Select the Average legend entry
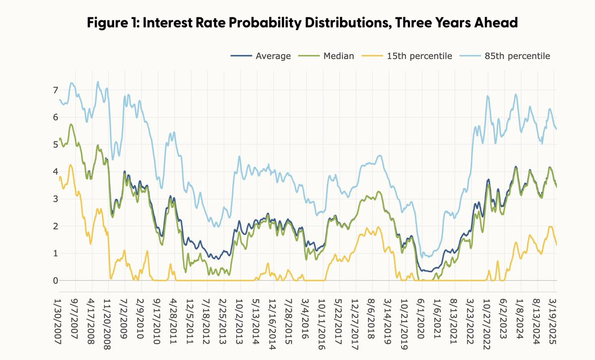pos(273,56)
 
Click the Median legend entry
pos(338,56)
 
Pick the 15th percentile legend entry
pos(419,56)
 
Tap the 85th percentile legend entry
pos(518,56)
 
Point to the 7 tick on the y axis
pos(56,90)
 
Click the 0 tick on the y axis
pos(56,281)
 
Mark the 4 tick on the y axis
pos(56,172)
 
